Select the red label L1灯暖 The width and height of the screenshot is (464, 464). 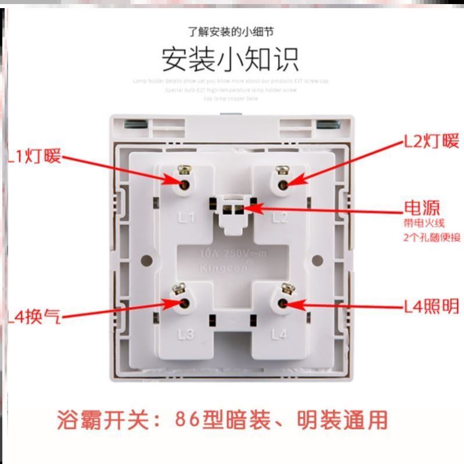pos(34,156)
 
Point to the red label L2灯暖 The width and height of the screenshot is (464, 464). pos(431,141)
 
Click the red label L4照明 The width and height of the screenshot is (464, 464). pos(431,305)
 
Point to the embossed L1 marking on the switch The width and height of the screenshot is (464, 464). pos(185,218)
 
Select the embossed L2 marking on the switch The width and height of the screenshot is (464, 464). pos(280,218)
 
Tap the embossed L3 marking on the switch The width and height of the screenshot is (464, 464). pos(185,334)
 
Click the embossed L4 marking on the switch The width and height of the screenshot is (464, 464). pos(279,334)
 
